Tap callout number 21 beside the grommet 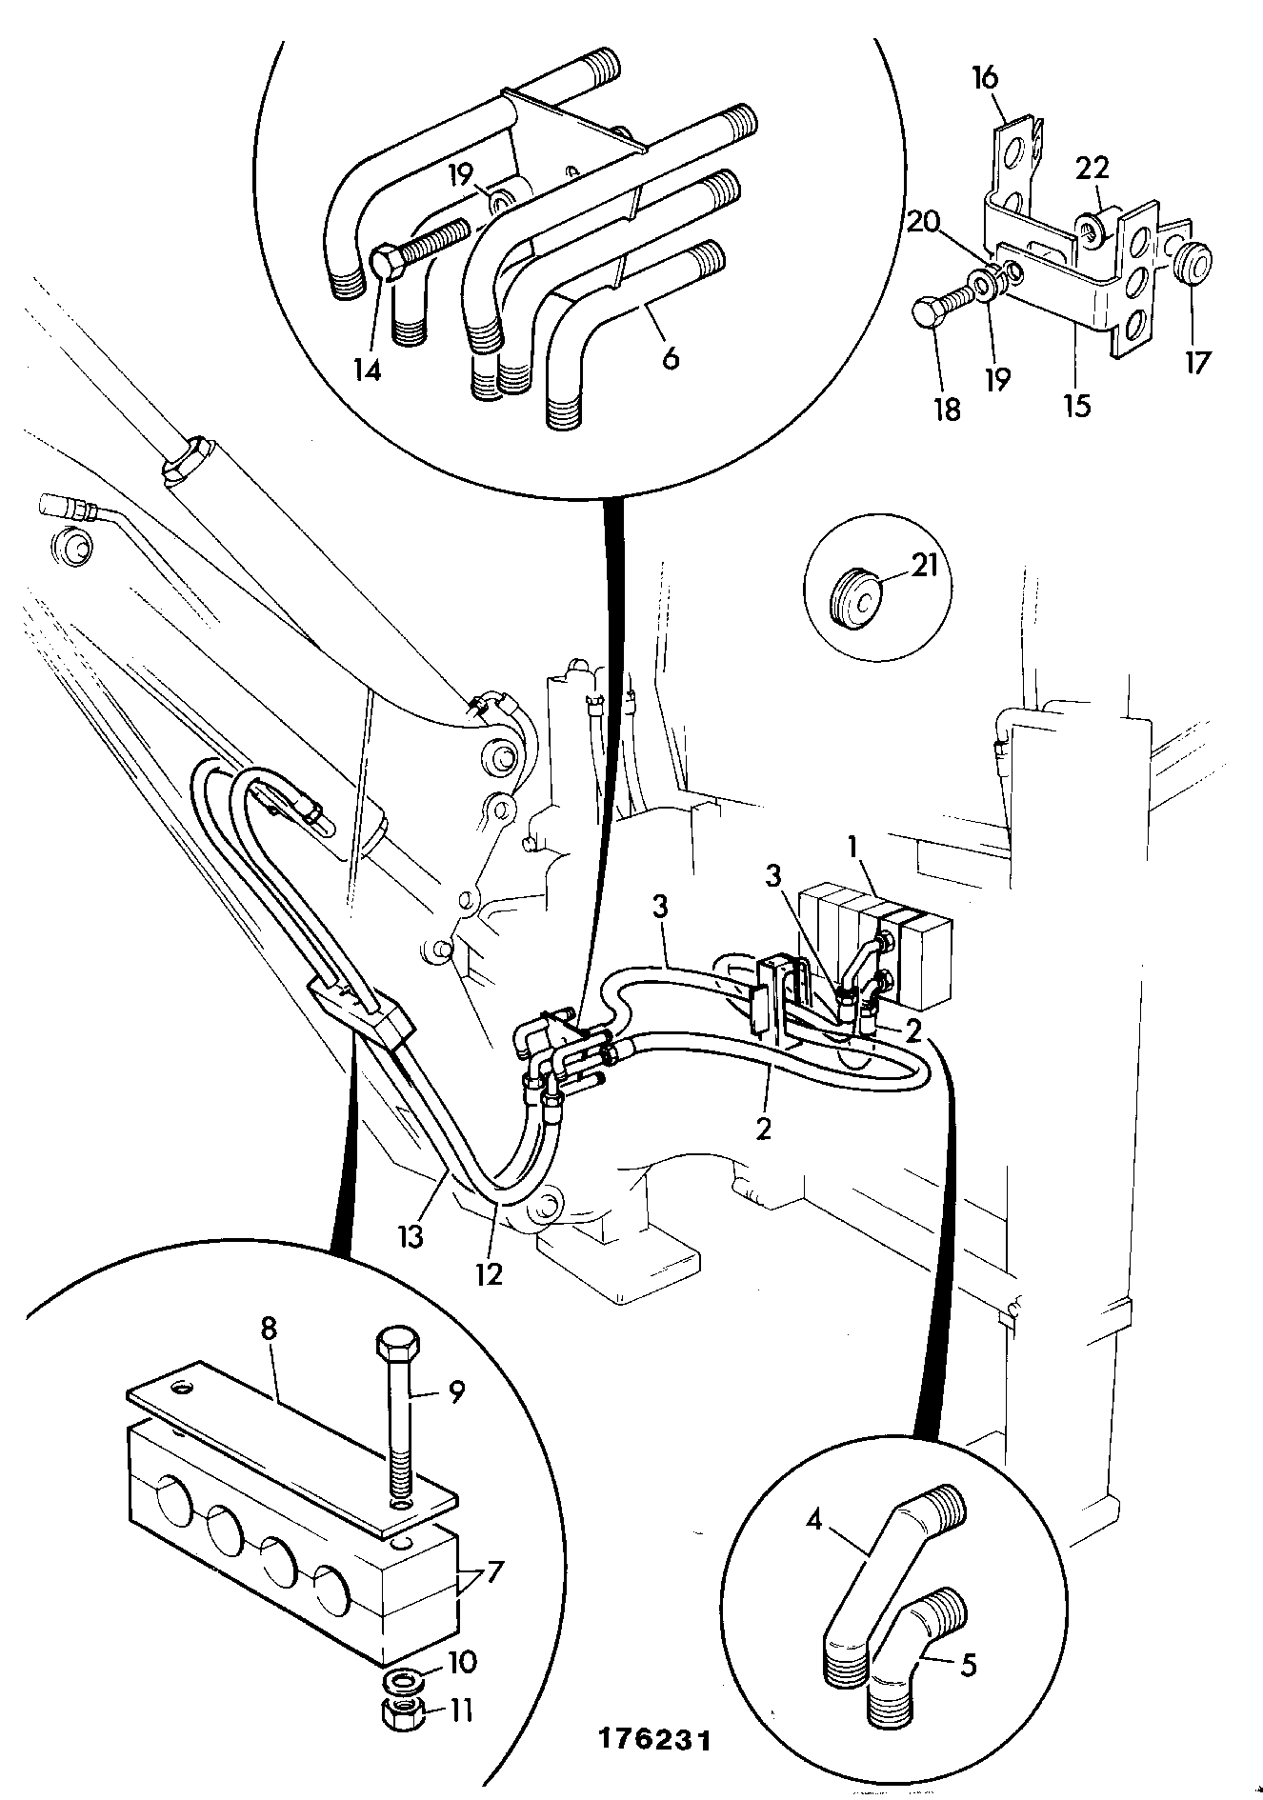tap(924, 566)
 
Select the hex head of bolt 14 tap(385, 263)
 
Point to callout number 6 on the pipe tap(671, 358)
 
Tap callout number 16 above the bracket tap(985, 77)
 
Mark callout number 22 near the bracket tap(1092, 169)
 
